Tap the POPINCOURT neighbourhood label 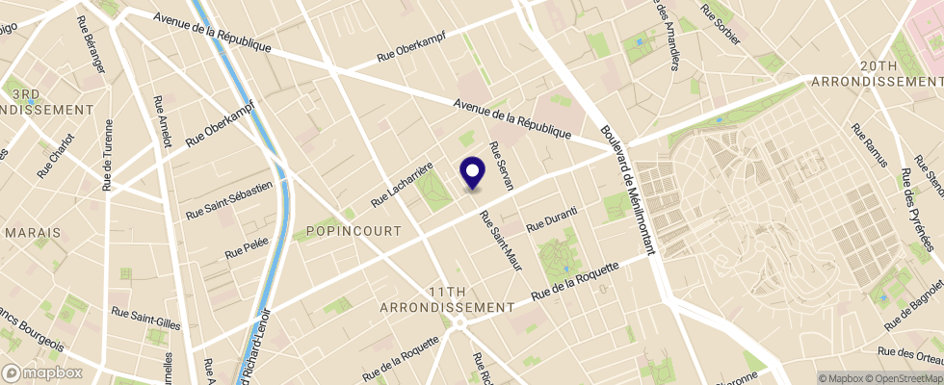(x=345, y=231)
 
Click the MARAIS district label (x=33, y=233)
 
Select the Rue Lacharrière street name (x=402, y=184)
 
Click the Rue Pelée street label (x=246, y=247)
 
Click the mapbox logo (x=43, y=372)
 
